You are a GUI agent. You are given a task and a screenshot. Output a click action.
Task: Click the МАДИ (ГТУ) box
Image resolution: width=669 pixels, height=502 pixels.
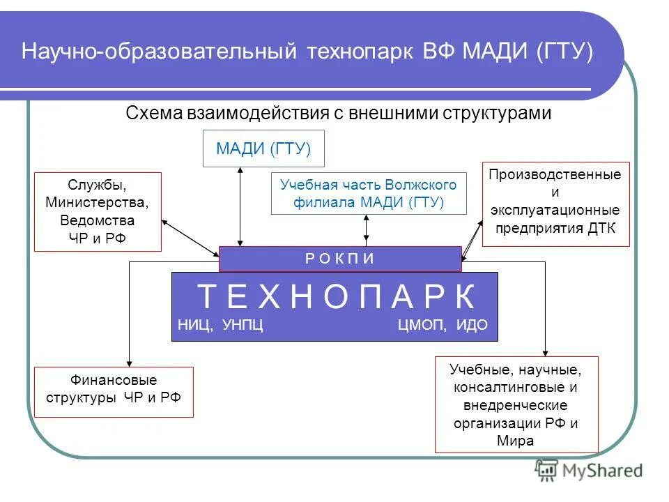(x=263, y=149)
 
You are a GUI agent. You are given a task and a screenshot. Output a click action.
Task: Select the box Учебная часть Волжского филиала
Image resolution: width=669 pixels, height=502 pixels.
(x=368, y=194)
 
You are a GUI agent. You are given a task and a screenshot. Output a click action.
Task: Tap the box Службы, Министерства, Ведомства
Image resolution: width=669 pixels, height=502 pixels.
(x=98, y=212)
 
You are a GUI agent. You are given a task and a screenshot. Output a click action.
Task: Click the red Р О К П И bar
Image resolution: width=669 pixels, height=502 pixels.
(x=340, y=259)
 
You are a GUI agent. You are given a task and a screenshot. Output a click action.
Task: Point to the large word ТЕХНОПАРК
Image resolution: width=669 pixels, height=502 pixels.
(x=337, y=297)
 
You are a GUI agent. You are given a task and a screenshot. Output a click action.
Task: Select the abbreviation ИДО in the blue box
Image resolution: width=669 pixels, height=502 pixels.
(x=472, y=326)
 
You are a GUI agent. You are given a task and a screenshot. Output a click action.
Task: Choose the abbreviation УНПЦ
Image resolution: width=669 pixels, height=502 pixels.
(x=243, y=326)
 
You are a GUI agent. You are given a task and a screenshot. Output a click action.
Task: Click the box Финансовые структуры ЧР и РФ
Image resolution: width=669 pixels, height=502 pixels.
(x=114, y=390)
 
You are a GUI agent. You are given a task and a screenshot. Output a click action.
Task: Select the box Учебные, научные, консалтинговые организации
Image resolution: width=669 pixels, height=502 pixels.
(x=516, y=404)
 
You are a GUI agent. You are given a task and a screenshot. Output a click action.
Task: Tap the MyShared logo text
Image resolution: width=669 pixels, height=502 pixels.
(x=601, y=471)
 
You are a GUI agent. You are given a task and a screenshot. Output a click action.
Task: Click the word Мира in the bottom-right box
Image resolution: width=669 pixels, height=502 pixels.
(x=516, y=441)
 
